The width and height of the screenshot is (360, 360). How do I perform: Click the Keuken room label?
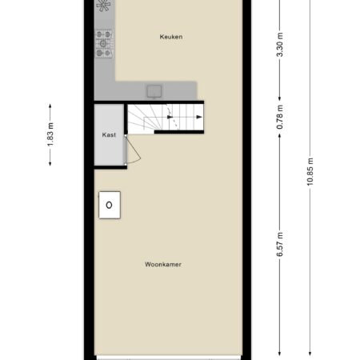coord(171,37)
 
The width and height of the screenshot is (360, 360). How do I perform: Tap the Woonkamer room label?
coord(163,264)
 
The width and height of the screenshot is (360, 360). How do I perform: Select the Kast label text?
coord(109,134)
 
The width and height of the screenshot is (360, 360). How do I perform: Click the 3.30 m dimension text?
coord(279,45)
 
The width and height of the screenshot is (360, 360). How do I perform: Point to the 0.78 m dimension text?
coord(279,117)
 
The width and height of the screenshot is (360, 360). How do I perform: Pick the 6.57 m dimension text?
coord(279,244)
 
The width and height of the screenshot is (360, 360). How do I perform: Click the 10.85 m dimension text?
coord(310,172)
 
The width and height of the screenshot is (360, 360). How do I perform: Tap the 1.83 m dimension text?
coord(50,134)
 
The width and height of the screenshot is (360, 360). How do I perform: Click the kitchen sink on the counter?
coord(154,91)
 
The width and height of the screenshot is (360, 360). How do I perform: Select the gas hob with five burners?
coord(104,43)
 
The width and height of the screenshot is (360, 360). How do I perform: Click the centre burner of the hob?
coord(103,43)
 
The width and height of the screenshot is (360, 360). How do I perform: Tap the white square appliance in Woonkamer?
coord(110,205)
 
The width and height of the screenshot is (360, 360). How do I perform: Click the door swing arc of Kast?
coord(136,152)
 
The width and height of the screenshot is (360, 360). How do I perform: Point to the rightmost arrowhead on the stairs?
coord(199,117)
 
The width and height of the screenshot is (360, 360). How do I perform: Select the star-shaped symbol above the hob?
coord(103,6)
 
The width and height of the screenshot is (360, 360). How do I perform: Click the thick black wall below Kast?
coord(110,167)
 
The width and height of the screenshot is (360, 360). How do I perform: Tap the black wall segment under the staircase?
coord(179,132)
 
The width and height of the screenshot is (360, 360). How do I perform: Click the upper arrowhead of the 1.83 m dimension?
coord(50,106)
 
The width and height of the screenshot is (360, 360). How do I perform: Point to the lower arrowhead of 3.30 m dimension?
coord(279,98)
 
